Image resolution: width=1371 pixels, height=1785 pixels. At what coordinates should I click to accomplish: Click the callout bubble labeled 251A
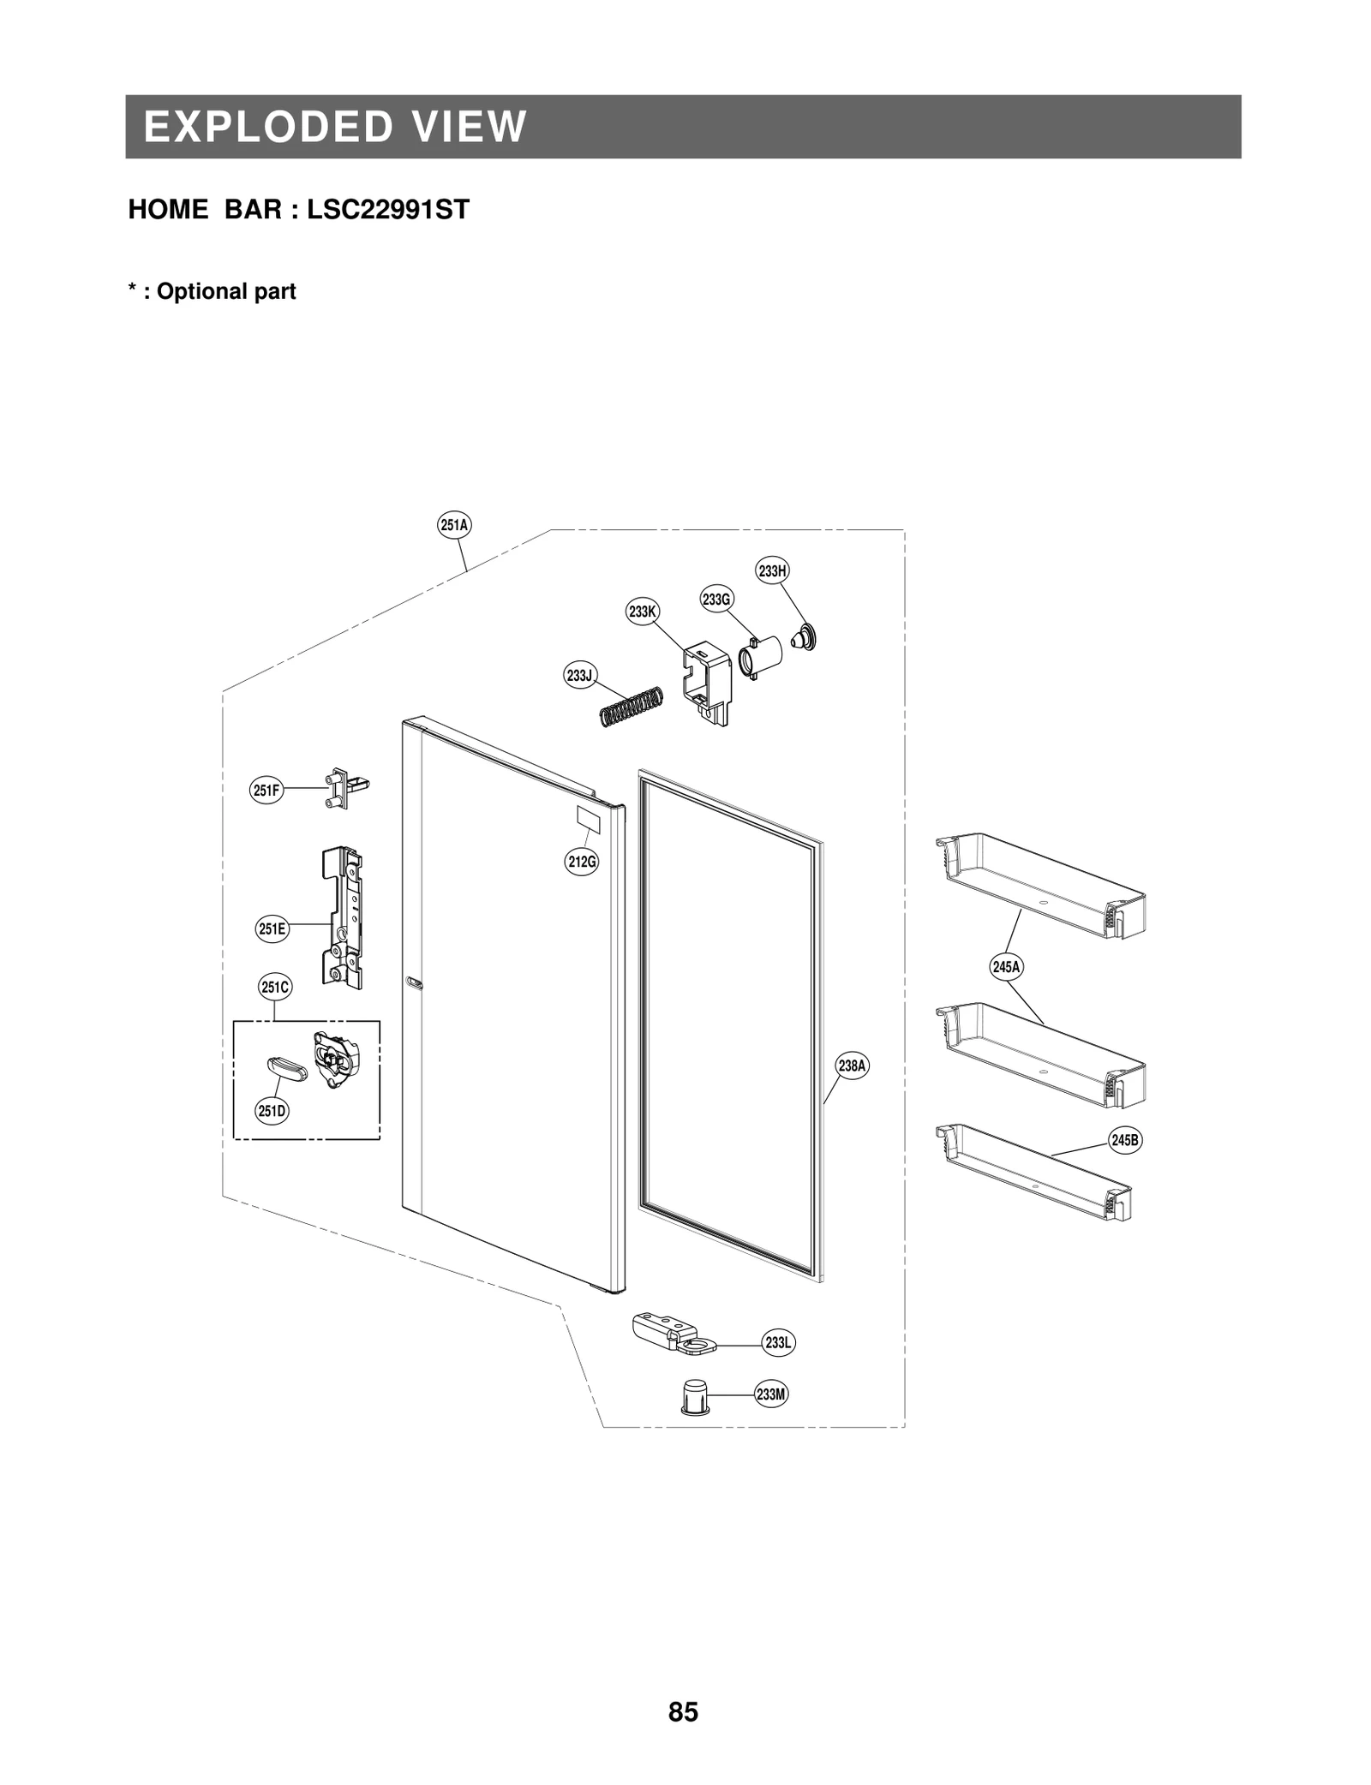point(454,525)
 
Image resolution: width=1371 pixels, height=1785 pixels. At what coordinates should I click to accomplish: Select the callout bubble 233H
point(772,570)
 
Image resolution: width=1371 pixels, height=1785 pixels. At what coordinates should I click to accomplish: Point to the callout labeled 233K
point(642,612)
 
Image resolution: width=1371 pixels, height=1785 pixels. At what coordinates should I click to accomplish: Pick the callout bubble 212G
point(582,861)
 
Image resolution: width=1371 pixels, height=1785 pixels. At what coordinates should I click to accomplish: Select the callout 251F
point(266,791)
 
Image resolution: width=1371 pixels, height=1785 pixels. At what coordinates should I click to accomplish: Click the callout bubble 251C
point(275,988)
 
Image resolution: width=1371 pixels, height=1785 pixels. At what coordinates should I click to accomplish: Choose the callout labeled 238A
point(853,1066)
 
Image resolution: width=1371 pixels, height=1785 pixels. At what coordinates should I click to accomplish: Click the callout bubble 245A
point(1006,967)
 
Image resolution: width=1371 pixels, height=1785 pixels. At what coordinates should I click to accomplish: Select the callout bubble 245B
point(1125,1140)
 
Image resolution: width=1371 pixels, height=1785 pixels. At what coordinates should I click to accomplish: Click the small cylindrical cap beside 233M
point(694,1397)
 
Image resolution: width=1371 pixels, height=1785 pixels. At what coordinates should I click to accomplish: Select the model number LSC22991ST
point(388,210)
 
